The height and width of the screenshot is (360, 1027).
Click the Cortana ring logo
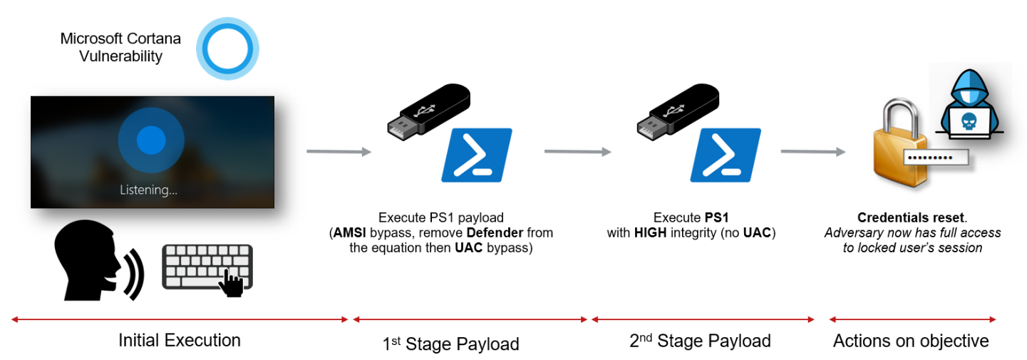point(227,48)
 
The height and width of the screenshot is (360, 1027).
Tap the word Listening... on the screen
point(148,190)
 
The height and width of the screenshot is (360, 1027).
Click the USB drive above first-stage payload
point(423,115)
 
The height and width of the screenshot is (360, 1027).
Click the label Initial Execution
point(180,340)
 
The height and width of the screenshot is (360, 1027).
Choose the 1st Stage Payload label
point(450,344)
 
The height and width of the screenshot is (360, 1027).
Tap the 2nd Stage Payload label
point(701,341)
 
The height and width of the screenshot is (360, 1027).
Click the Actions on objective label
point(911,341)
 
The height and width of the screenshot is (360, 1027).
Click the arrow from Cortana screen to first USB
point(339,152)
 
